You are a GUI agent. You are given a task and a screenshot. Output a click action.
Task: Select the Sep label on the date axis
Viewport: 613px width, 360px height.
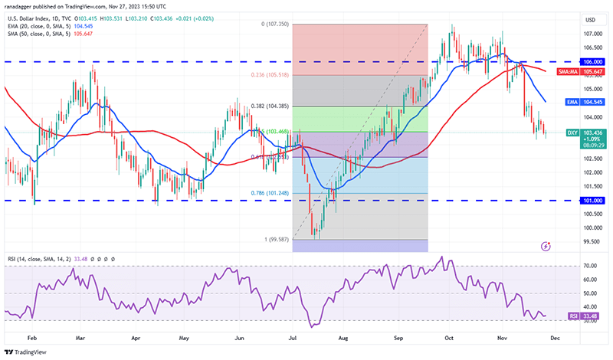pyautogui.click(x=399, y=336)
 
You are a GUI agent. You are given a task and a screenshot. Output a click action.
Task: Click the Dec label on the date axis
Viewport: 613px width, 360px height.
pyautogui.click(x=555, y=336)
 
